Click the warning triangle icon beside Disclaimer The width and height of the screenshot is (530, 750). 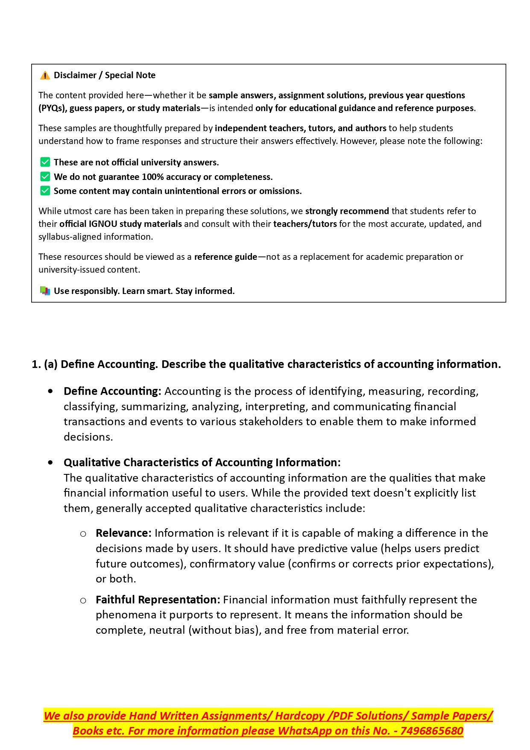[45, 76]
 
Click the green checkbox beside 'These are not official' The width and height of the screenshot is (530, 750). [45, 162]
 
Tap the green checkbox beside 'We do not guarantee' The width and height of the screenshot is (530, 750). [45, 176]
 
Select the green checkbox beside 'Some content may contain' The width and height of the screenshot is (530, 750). [45, 191]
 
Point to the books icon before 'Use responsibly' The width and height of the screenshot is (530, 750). [45, 291]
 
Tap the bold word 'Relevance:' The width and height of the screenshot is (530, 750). [123, 533]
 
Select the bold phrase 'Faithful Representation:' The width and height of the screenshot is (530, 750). [158, 600]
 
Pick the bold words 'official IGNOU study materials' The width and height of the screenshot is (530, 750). [120, 224]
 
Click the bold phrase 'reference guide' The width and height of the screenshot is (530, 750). [225, 257]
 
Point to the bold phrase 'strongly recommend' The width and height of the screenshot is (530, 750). [347, 211]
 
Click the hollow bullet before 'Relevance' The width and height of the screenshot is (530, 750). [83, 534]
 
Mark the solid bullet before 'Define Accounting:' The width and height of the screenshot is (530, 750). [51, 391]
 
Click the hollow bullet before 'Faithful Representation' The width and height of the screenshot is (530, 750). [83, 600]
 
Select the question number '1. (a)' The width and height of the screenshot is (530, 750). [44, 365]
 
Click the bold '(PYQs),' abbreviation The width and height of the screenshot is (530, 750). [53, 108]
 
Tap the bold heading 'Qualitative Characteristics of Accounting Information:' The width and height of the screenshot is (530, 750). [202, 463]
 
